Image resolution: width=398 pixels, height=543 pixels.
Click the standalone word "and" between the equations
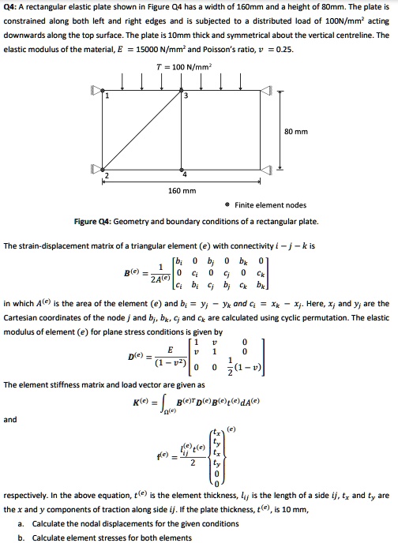click(x=11, y=420)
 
